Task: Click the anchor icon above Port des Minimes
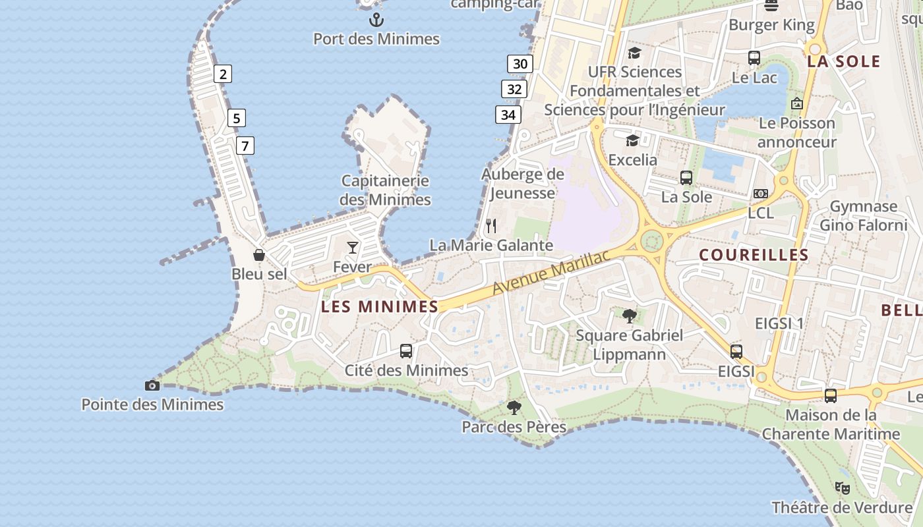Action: pos(376,19)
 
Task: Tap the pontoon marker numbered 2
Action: pos(223,74)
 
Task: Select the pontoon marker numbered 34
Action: pos(508,115)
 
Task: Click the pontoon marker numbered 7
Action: pos(245,146)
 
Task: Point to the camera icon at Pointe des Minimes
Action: pos(152,385)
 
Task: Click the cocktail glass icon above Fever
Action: pos(353,248)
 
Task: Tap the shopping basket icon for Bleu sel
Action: pos(259,254)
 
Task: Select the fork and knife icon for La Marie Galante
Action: pos(491,226)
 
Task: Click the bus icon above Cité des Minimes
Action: pos(406,351)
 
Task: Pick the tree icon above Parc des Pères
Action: pos(514,408)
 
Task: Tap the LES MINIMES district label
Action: pos(380,306)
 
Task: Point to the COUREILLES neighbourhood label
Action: pos(754,255)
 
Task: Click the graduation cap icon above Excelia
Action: pos(632,140)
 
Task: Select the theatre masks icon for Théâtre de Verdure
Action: pos(842,488)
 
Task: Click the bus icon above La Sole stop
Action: pos(686,177)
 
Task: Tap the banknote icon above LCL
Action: pos(761,194)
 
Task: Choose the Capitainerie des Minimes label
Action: pos(386,190)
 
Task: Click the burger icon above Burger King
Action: pos(771,5)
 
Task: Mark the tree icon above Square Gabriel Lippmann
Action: pos(629,316)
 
